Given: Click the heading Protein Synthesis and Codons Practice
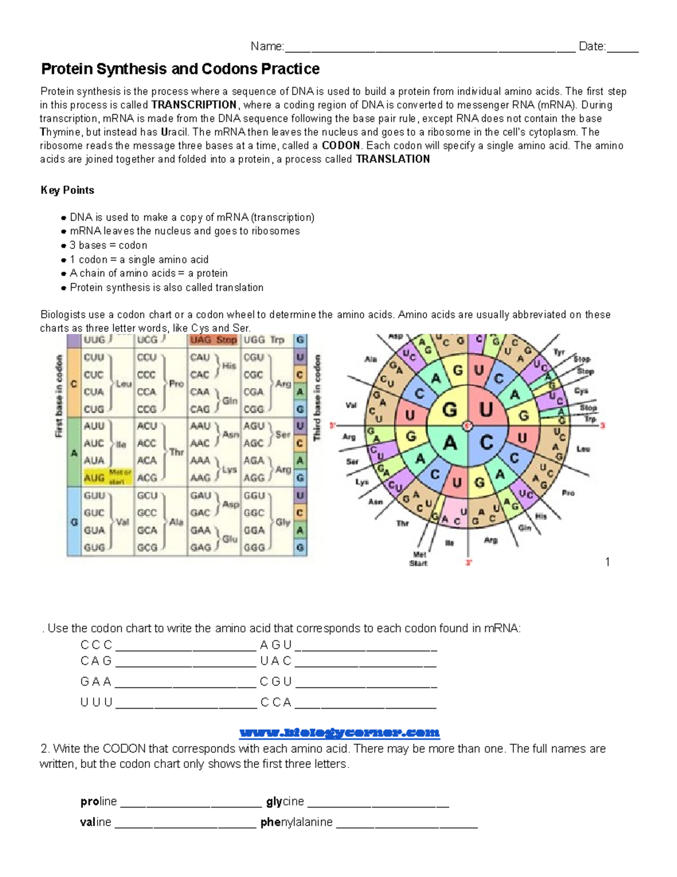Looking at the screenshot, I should click(x=180, y=69).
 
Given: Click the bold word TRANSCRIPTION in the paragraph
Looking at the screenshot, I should click(x=194, y=105).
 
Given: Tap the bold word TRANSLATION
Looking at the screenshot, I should click(x=393, y=159).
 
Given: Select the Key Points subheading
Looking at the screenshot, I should click(x=67, y=190).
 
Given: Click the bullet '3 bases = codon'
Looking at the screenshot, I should click(x=108, y=245).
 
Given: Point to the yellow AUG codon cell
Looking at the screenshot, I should click(x=95, y=478).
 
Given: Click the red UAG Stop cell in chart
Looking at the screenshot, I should click(x=213, y=340).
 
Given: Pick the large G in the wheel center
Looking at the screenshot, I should click(x=450, y=409).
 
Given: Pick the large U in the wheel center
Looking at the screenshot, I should click(x=486, y=409).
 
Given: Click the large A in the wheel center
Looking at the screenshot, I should click(x=450, y=443).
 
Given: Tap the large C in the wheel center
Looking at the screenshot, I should click(x=486, y=443).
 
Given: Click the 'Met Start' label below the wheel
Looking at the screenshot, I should click(x=419, y=559).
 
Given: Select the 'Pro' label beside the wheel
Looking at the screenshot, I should click(x=568, y=493).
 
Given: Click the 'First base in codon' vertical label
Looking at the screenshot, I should click(x=59, y=395).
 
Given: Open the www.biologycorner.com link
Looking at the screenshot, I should click(x=339, y=732).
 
